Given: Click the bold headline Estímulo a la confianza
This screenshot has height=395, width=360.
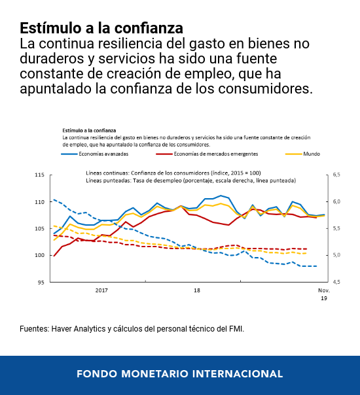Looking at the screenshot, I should (x=101, y=28).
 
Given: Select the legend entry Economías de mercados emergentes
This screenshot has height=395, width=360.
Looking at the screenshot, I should (x=216, y=154).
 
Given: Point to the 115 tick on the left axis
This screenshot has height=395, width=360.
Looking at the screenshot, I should (x=39, y=175).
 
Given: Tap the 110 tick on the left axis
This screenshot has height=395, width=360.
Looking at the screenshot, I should (x=39, y=202).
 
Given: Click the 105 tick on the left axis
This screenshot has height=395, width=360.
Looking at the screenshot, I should (x=39, y=229).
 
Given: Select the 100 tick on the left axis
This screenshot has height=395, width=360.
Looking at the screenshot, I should (x=39, y=256).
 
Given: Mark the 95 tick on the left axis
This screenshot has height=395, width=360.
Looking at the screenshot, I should (x=41, y=283).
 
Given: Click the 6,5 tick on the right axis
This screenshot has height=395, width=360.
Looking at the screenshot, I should (x=337, y=175).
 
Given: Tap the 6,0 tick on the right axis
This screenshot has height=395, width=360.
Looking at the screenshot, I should (x=337, y=202).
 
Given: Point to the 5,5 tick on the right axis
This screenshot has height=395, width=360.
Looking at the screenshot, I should (x=337, y=229).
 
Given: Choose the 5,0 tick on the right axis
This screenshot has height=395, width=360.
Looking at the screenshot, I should (x=337, y=256).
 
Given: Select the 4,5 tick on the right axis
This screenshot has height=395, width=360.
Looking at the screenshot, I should (x=337, y=283).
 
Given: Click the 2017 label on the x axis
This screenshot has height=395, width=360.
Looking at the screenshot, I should (x=101, y=290).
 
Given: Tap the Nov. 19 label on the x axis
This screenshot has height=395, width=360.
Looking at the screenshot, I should (x=324, y=294).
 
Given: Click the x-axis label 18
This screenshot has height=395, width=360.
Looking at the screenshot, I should (x=197, y=290).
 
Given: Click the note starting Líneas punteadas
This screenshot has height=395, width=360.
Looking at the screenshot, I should (x=190, y=180).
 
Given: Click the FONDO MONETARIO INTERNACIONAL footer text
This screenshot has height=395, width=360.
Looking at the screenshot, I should (x=179, y=374).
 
